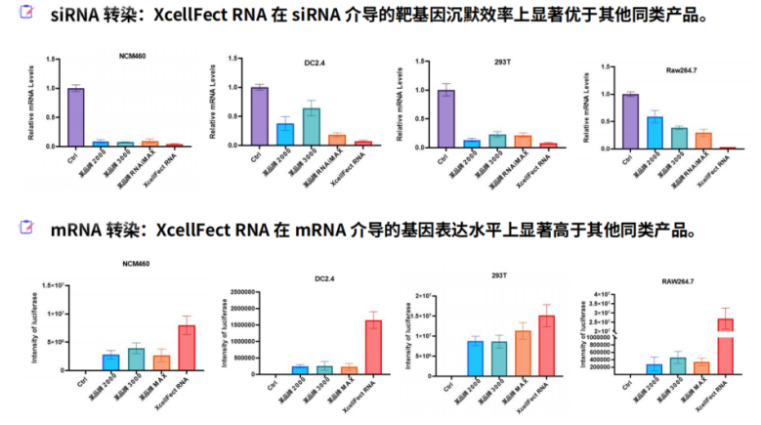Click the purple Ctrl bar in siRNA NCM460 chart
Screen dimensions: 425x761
(75, 117)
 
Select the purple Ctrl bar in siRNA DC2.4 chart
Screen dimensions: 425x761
(259, 116)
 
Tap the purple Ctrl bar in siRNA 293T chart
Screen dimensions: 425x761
(445, 118)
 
